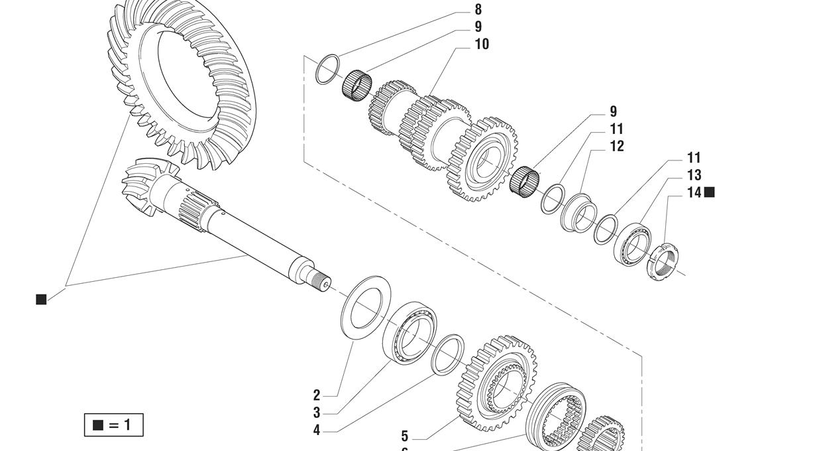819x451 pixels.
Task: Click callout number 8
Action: click(x=478, y=10)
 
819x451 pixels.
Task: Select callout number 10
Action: click(x=482, y=44)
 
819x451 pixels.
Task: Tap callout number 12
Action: click(x=617, y=147)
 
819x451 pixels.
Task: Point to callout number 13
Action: click(x=694, y=176)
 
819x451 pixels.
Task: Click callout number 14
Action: click(x=694, y=193)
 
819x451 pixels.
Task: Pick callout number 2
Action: click(x=317, y=395)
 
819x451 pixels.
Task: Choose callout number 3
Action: click(x=317, y=413)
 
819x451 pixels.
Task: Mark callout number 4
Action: click(x=317, y=430)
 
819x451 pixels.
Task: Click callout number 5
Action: click(x=405, y=436)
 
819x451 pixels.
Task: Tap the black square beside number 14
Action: click(x=710, y=192)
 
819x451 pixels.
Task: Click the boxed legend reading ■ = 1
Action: click(x=113, y=425)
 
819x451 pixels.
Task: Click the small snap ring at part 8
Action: click(x=327, y=69)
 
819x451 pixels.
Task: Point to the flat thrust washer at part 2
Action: click(x=365, y=306)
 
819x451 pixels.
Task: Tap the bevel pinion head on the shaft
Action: click(x=142, y=186)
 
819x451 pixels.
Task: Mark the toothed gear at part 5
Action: click(x=496, y=383)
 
